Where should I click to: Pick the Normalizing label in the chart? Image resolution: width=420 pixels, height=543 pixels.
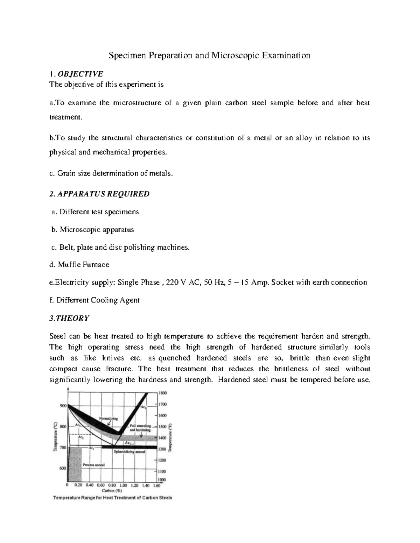tap(108, 418)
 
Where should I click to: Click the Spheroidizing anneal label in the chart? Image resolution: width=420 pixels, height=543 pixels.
tap(129, 451)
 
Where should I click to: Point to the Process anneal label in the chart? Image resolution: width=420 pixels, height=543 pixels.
tap(94, 465)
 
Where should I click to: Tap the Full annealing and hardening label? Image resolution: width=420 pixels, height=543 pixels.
tap(140, 428)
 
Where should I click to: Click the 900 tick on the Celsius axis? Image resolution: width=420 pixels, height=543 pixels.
tap(63, 406)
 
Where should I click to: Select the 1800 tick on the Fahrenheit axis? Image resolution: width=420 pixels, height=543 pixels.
tap(163, 393)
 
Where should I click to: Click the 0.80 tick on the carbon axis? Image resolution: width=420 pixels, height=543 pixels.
tap(112, 485)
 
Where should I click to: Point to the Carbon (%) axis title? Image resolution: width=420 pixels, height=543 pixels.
tap(112, 490)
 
